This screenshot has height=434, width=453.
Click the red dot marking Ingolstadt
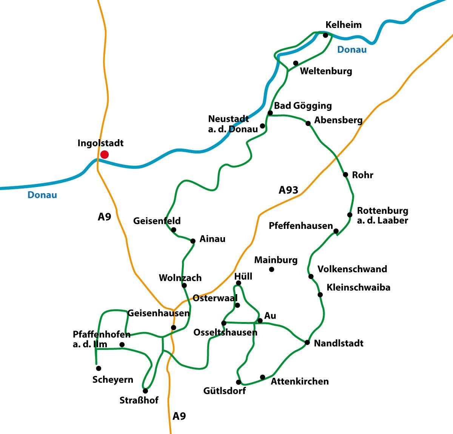[x=105, y=155]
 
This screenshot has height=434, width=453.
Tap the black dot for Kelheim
[x=325, y=35]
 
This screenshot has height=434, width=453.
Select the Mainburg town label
[x=276, y=260]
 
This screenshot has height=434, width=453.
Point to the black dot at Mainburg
[x=271, y=269]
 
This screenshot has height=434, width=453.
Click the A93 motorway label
[x=288, y=190]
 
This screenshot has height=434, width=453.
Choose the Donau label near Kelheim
[x=351, y=50]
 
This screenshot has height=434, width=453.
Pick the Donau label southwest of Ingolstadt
[x=42, y=195]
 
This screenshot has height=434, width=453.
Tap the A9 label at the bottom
[x=179, y=416]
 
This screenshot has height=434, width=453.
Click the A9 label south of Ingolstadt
[x=104, y=217]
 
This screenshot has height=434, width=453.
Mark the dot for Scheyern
[x=99, y=368]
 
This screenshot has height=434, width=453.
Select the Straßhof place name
[x=139, y=400]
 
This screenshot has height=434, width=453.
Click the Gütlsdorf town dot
[x=239, y=382]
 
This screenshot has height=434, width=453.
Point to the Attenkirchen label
[x=300, y=381]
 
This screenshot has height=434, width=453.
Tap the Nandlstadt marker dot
[x=307, y=342]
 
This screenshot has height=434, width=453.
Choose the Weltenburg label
[x=326, y=71]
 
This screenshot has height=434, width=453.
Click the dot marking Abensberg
[x=308, y=123]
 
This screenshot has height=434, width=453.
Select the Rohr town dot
[x=345, y=175]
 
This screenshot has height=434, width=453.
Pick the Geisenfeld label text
[x=157, y=221]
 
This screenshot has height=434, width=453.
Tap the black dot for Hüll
[x=238, y=283]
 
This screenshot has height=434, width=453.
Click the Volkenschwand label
[x=352, y=269]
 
